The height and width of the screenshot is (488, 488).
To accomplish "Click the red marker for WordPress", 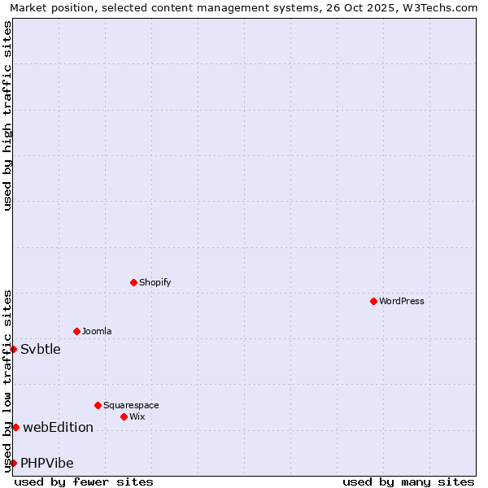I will click(373, 301).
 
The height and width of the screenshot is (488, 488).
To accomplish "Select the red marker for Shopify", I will click(133, 282).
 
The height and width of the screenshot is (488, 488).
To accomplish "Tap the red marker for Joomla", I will click(76, 331).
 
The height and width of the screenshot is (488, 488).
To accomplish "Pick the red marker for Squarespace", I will click(98, 405).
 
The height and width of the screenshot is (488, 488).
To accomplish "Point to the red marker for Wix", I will click(124, 416).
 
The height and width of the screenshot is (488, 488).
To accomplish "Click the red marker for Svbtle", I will click(13, 349).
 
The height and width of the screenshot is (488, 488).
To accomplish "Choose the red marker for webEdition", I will click(15, 427).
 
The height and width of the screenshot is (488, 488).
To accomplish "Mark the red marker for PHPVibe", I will click(13, 463).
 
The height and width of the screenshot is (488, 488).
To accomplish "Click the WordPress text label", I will click(402, 301).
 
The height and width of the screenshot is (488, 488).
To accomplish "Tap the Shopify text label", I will click(155, 282).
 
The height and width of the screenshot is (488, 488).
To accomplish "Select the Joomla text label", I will click(97, 331).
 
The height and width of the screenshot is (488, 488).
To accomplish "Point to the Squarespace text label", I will click(131, 405).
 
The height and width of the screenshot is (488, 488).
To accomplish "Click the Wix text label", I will click(137, 416).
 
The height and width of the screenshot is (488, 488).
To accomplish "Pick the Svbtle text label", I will click(41, 349).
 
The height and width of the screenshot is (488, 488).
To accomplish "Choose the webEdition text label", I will click(58, 427).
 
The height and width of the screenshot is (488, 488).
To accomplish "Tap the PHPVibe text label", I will click(47, 463).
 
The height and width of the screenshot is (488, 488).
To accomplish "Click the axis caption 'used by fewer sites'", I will click(84, 481).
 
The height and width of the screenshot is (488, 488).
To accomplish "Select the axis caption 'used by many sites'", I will click(408, 481).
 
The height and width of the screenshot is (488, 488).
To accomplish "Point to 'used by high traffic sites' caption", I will click(7, 115).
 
